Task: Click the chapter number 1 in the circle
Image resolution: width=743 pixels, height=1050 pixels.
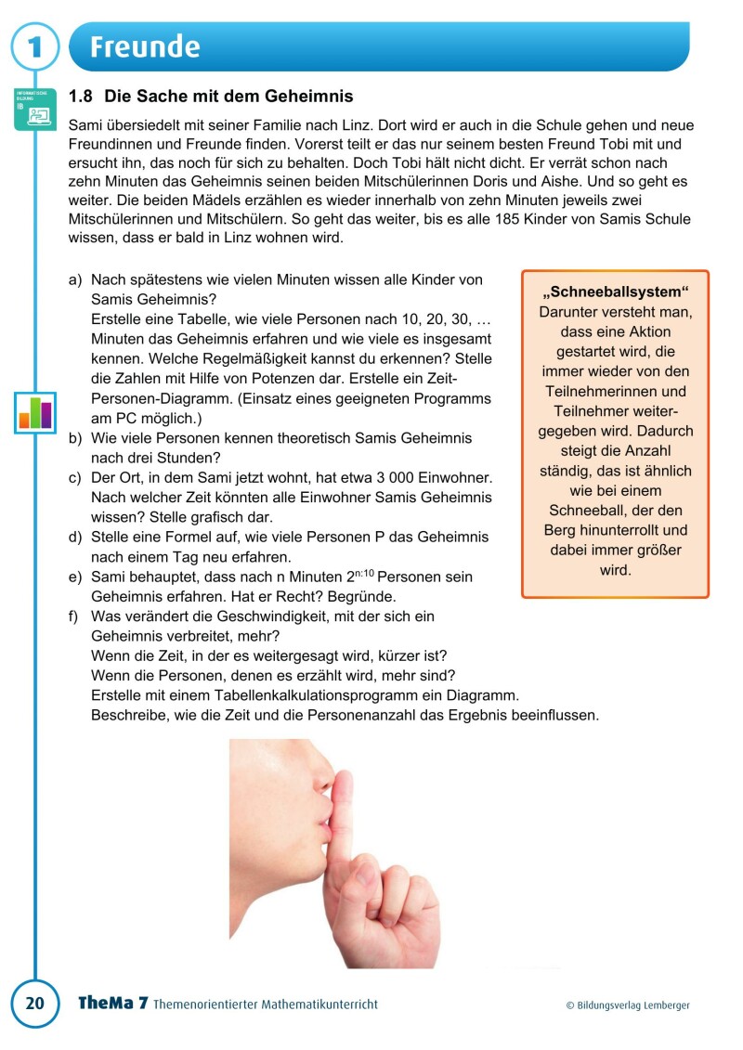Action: [x=34, y=46]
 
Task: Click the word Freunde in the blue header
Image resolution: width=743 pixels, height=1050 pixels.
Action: [x=145, y=46]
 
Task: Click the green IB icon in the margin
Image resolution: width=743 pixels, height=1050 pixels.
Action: [x=35, y=110]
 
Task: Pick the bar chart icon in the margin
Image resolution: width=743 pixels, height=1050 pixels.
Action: [x=35, y=411]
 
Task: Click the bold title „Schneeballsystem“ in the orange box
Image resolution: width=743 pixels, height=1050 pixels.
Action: [x=615, y=292]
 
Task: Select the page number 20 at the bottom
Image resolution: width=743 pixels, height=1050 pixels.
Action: [x=34, y=1004]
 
